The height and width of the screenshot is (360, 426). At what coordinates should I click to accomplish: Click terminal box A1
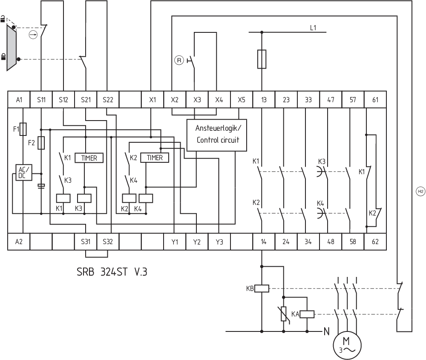tap(19, 100)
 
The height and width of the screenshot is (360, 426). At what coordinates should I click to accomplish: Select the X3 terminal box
tap(197, 100)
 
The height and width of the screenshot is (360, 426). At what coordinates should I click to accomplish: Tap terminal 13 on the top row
tap(264, 100)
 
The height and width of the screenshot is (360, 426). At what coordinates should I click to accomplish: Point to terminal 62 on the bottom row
tap(375, 242)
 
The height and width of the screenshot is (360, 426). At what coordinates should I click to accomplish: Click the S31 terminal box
tap(85, 242)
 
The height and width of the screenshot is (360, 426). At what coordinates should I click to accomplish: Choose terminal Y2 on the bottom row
tap(197, 242)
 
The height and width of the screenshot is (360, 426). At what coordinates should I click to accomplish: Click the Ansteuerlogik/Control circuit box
tap(217, 134)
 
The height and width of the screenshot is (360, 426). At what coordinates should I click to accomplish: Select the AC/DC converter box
tap(21, 172)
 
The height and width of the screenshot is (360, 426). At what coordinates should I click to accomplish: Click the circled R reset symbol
tap(179, 60)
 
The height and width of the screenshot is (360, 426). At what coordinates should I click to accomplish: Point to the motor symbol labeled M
tap(347, 345)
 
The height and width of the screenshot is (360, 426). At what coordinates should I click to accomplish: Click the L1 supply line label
tap(313, 28)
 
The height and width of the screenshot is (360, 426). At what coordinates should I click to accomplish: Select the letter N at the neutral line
tap(327, 331)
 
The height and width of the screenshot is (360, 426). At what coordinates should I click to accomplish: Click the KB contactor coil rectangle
tap(261, 288)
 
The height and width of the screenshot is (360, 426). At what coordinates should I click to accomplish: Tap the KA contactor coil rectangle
tap(307, 314)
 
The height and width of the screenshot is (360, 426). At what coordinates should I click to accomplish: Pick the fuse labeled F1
tap(24, 128)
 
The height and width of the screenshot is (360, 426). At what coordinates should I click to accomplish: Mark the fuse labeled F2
tap(41, 143)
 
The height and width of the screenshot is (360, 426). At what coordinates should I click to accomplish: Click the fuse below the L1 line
tap(262, 59)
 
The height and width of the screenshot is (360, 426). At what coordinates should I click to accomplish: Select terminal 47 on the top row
tap(331, 100)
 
